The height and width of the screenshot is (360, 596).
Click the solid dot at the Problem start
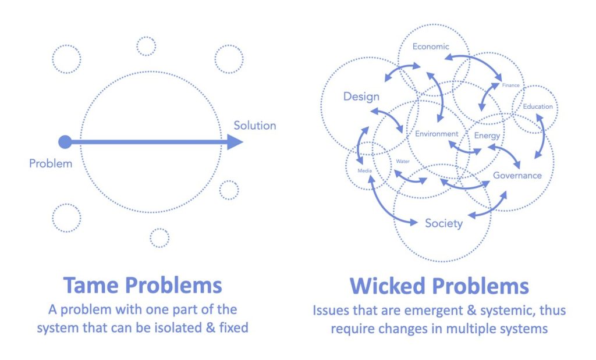65,141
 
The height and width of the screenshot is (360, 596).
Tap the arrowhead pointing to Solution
235,141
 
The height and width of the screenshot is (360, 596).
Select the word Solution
255,125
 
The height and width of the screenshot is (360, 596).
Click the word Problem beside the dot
51,163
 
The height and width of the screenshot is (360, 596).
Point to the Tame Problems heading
143,286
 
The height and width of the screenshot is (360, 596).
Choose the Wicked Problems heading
439,286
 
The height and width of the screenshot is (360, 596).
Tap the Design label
361,97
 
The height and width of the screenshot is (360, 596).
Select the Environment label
437,134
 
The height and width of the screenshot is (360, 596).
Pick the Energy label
487,136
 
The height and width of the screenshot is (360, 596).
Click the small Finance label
510,85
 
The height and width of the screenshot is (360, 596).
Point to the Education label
537,106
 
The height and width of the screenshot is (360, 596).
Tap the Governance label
517,175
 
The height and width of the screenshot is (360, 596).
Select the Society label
444,223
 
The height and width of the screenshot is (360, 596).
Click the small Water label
403,161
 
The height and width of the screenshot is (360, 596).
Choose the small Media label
365,171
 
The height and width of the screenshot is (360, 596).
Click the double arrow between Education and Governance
541,139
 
